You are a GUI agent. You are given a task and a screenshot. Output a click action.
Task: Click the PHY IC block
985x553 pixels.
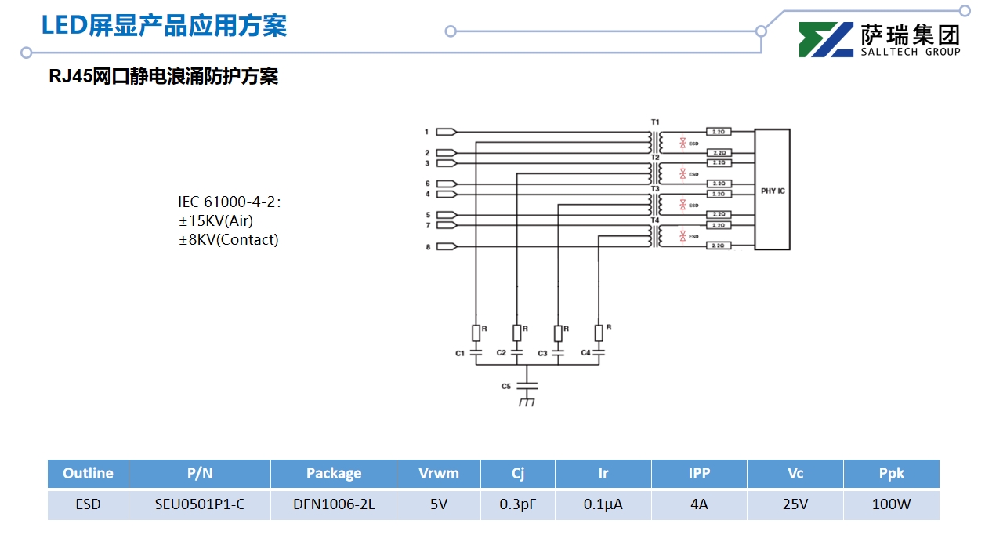[x=772, y=190]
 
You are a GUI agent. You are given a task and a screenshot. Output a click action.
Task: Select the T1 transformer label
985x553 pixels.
[x=655, y=122]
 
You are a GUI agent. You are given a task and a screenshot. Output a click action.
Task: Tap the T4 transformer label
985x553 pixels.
[x=655, y=220]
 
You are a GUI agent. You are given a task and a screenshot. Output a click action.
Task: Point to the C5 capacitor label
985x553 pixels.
[x=506, y=387]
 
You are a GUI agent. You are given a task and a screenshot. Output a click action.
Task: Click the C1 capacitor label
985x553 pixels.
[x=460, y=354]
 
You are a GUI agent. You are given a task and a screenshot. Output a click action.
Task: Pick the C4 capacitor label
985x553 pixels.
[x=585, y=353]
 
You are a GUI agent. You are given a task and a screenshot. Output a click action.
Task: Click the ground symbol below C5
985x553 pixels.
[x=527, y=402]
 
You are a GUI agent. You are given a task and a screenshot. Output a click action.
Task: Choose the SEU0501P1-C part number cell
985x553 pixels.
[x=200, y=504]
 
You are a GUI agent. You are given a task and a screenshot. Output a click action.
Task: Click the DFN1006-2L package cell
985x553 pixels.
[x=334, y=504]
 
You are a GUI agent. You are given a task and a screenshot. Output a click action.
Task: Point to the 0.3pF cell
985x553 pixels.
[x=518, y=504]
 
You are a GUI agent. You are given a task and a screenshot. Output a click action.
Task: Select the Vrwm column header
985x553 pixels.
[x=439, y=473]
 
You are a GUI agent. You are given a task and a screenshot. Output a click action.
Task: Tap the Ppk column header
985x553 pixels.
[x=891, y=473]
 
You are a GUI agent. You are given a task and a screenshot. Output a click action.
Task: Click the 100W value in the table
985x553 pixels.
[x=891, y=504]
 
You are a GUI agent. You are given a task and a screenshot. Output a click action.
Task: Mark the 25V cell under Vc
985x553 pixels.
[x=795, y=504]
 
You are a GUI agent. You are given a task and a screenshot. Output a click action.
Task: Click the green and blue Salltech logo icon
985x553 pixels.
[x=826, y=40]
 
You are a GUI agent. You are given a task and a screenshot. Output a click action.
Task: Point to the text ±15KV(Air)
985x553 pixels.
[x=216, y=221]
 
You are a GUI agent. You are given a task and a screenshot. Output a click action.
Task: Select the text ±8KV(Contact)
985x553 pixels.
[x=229, y=240]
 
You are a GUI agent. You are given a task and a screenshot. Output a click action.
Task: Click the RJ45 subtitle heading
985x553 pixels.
[x=163, y=77]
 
